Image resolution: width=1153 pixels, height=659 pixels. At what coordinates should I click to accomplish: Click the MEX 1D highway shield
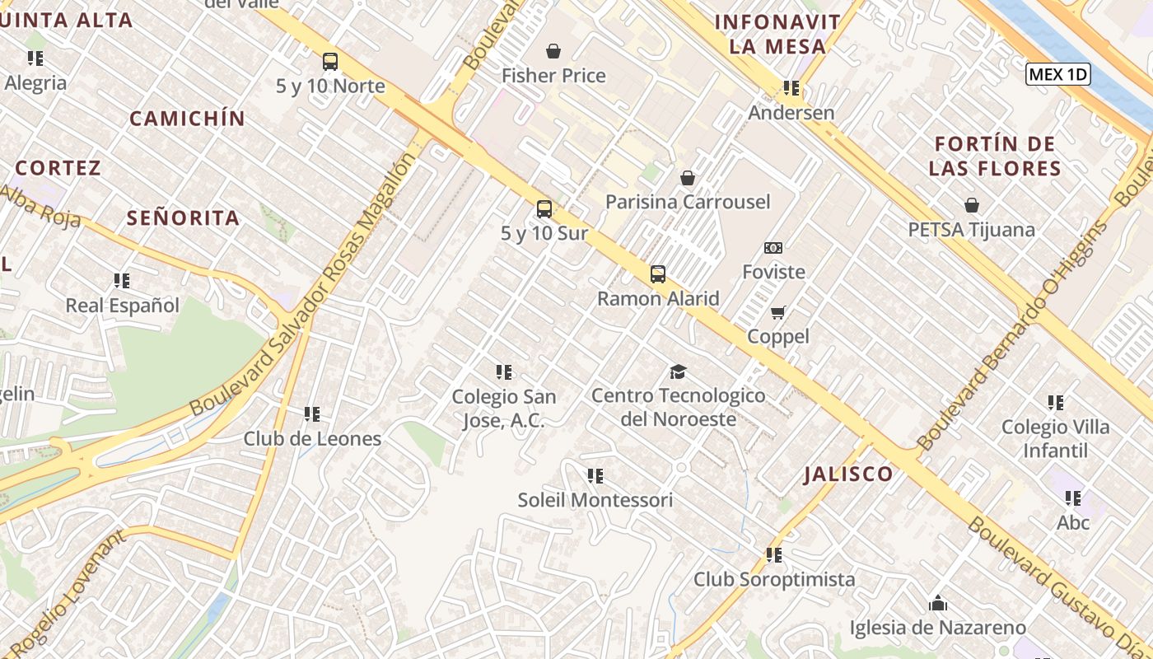(x=1058, y=74)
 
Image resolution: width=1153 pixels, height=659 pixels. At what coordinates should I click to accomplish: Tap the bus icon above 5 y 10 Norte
(x=330, y=62)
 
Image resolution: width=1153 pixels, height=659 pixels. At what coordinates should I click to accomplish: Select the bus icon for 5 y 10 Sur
(x=544, y=209)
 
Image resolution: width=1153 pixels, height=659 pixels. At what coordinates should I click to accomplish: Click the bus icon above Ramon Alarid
(x=658, y=274)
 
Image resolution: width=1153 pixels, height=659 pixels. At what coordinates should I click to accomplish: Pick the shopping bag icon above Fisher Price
(x=553, y=52)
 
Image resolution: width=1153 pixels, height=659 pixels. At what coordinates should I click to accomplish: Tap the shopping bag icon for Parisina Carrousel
(x=688, y=178)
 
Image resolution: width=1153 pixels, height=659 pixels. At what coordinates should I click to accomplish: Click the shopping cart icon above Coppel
(x=777, y=313)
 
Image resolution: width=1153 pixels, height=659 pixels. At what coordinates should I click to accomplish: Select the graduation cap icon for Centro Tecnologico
(x=678, y=372)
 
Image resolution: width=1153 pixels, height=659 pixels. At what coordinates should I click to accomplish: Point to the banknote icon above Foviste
(x=773, y=248)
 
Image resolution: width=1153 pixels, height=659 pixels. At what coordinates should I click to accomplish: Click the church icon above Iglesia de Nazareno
(x=937, y=604)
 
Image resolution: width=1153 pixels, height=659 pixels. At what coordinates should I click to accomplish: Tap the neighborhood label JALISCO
(x=848, y=474)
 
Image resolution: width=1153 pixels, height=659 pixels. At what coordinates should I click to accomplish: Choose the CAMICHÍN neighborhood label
(x=188, y=119)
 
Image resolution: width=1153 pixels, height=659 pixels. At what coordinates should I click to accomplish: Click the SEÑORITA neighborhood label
(x=184, y=218)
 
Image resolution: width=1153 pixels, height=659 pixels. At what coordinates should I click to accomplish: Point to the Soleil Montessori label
(x=595, y=500)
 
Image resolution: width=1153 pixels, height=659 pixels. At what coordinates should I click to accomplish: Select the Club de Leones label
(x=312, y=439)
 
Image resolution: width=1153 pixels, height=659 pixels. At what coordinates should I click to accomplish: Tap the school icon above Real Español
(x=122, y=281)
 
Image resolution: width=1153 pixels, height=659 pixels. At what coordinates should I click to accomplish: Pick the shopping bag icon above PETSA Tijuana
(x=972, y=205)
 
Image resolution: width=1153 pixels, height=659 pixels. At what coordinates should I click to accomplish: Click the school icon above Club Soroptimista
(x=773, y=555)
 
